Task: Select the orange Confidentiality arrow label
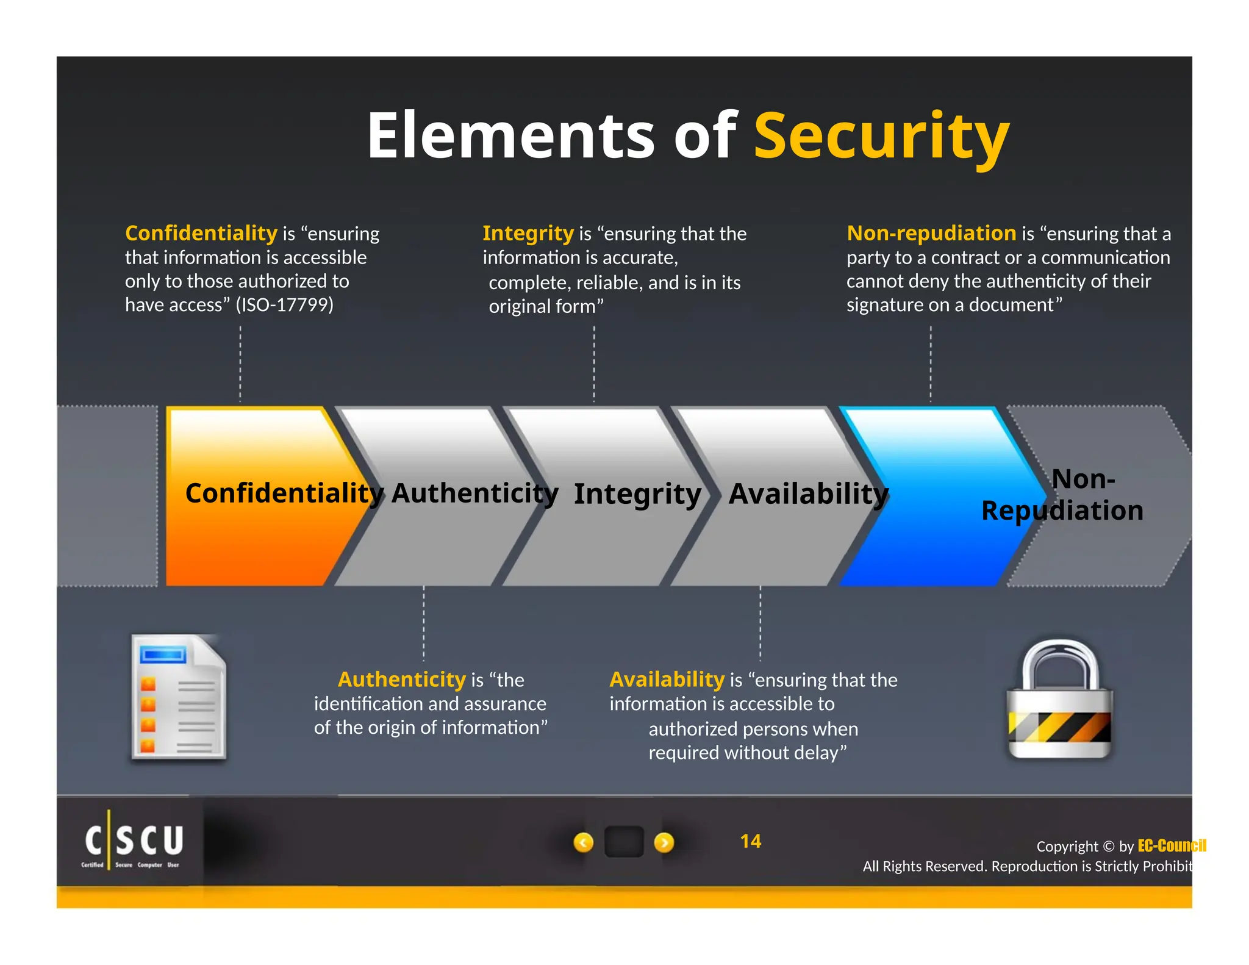pyautogui.click(x=284, y=493)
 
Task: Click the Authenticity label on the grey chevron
pyautogui.click(x=474, y=493)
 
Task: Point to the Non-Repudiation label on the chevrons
pyautogui.click(x=1062, y=495)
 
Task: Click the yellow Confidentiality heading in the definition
pyautogui.click(x=201, y=233)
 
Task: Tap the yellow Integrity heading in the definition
pyautogui.click(x=528, y=233)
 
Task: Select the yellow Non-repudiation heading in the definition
pyautogui.click(x=931, y=233)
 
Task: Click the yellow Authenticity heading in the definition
pyautogui.click(x=402, y=680)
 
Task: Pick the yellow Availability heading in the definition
pyautogui.click(x=667, y=680)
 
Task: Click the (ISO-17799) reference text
pyautogui.click(x=285, y=304)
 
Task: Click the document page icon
pyautogui.click(x=179, y=698)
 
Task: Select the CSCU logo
pyautogui.click(x=133, y=842)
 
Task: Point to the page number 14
pyautogui.click(x=750, y=842)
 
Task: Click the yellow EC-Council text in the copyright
pyautogui.click(x=1172, y=845)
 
